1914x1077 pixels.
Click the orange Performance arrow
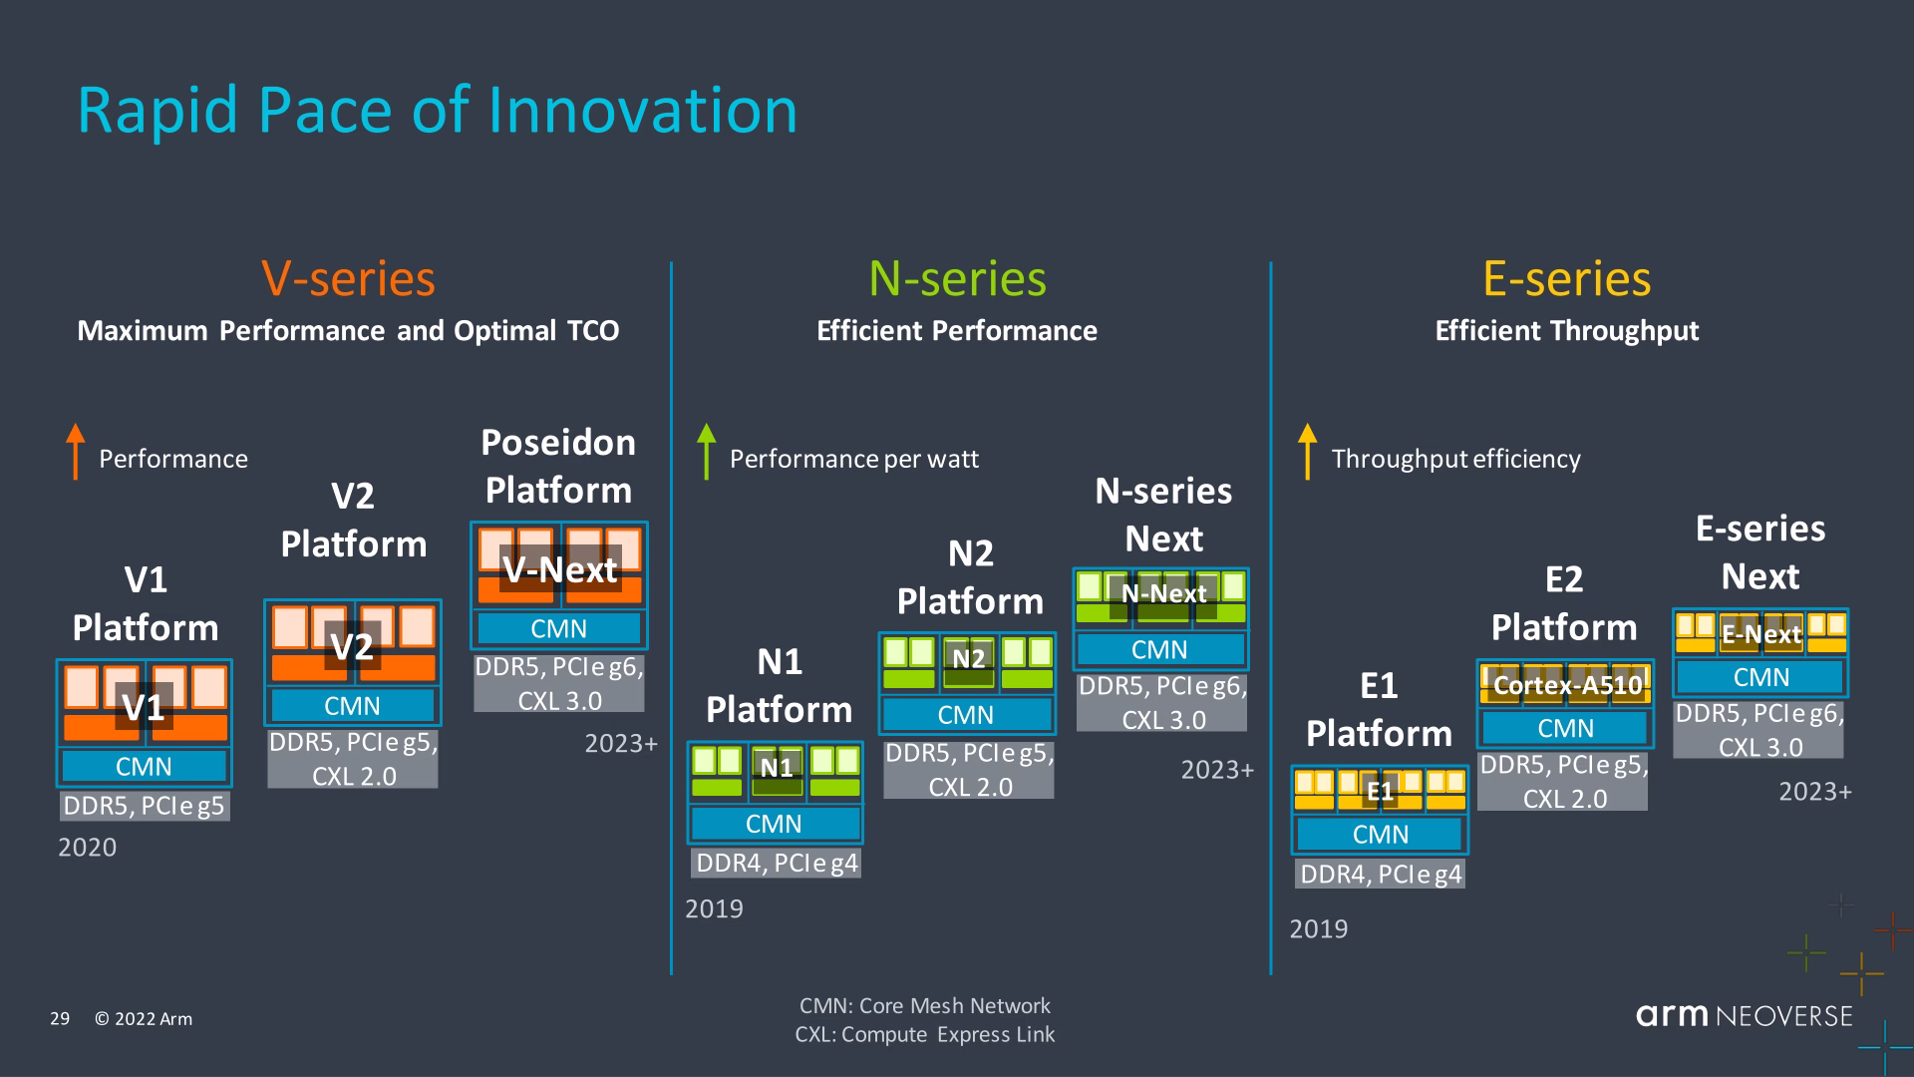click(x=75, y=452)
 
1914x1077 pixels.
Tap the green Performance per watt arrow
click(x=707, y=452)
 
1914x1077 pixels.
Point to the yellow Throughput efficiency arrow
click(x=1307, y=452)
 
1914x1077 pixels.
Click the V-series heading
click(x=348, y=278)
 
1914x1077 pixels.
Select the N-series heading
click(x=957, y=278)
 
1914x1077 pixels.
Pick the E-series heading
click(x=1566, y=278)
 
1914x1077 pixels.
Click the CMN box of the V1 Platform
click(x=144, y=766)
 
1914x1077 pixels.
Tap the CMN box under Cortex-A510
click(x=1565, y=728)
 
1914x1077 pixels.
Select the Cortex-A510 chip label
click(x=1567, y=685)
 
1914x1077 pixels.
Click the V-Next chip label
click(x=560, y=569)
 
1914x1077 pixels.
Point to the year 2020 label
click(x=88, y=848)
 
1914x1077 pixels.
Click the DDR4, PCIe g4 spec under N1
click(x=777, y=863)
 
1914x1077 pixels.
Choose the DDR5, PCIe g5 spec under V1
click(x=145, y=806)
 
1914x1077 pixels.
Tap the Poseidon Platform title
click(x=558, y=466)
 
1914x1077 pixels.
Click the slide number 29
click(x=60, y=1018)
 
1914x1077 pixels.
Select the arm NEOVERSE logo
click(x=1744, y=1015)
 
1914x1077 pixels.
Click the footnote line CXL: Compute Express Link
click(x=924, y=1034)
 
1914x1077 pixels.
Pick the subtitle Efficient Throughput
click(x=1566, y=331)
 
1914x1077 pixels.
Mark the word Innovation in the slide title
click(x=643, y=110)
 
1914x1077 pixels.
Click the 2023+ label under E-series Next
click(x=1815, y=792)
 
